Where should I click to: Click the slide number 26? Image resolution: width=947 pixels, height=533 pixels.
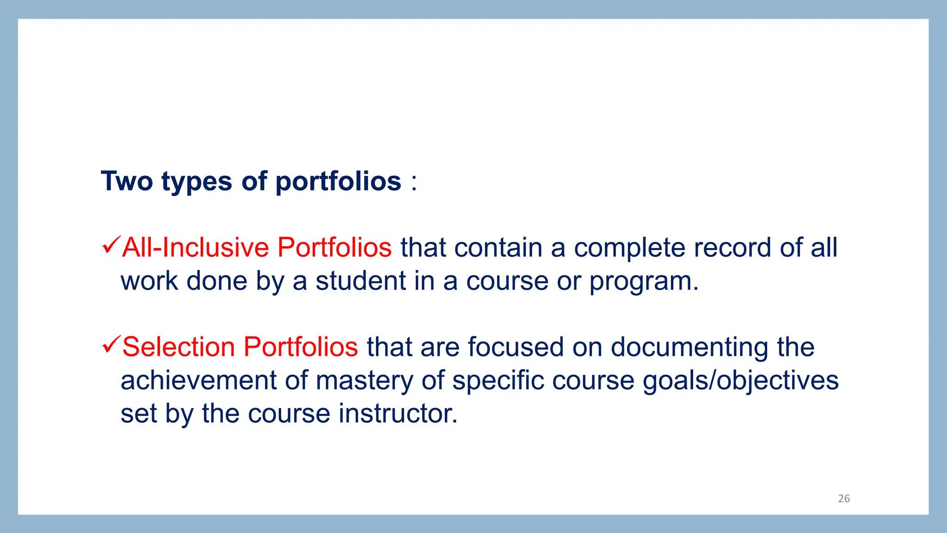[x=844, y=498]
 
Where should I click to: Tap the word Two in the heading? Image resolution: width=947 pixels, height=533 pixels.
[x=127, y=181]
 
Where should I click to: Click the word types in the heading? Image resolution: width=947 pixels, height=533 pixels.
[x=197, y=182]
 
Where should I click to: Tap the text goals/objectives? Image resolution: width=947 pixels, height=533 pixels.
[x=740, y=381]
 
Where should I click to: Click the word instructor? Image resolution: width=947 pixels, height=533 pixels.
[x=398, y=413]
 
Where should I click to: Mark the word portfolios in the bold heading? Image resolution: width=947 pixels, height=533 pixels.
[x=338, y=182]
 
